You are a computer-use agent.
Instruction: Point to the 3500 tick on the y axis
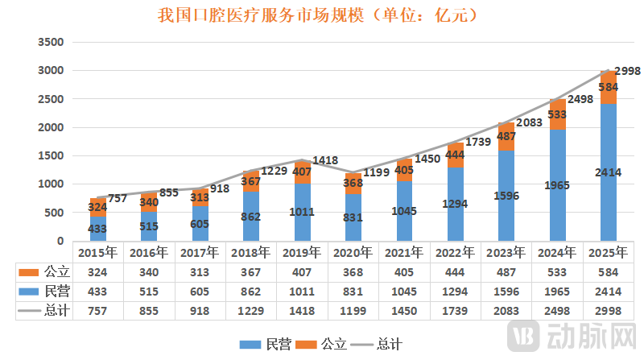pyautogui.click(x=50, y=42)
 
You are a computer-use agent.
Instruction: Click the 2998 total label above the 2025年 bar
pyautogui.click(x=627, y=71)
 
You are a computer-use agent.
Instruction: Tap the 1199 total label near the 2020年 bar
pyautogui.click(x=376, y=172)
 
